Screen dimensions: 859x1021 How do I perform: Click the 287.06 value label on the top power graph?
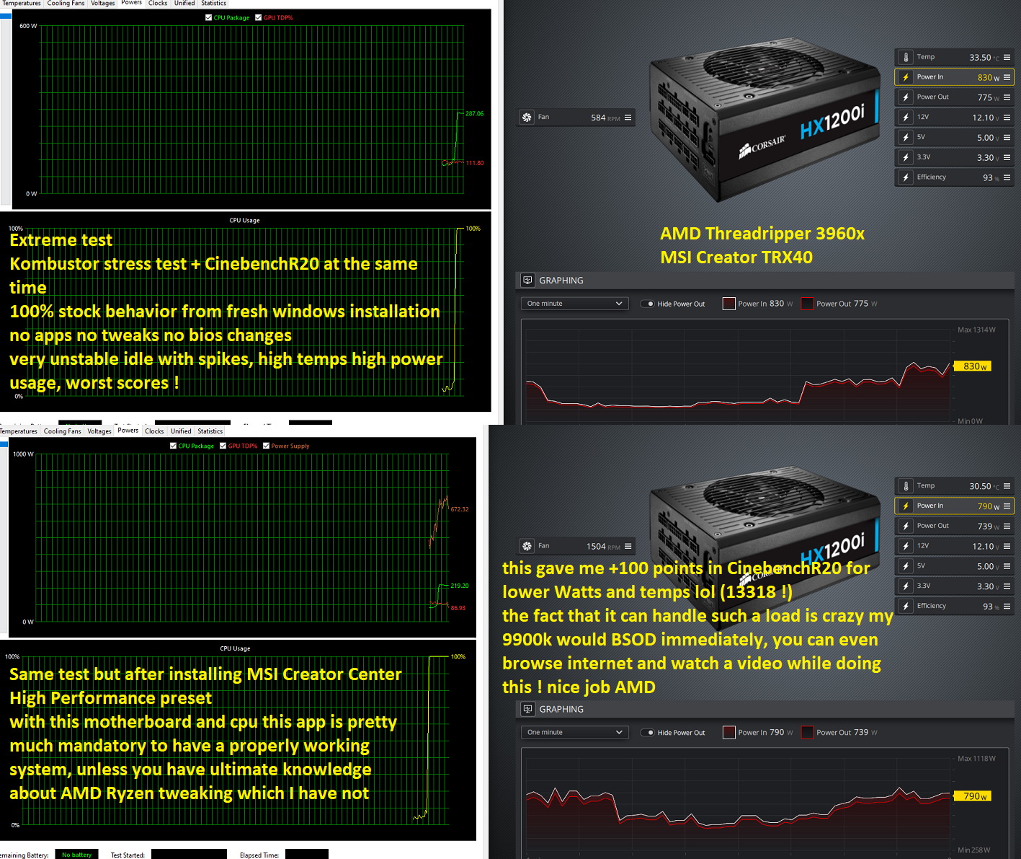point(474,114)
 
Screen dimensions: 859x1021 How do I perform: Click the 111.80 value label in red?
point(474,163)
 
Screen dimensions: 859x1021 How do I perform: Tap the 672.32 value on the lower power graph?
point(459,509)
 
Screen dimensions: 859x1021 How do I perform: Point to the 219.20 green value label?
point(459,586)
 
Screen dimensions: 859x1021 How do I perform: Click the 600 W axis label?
point(28,26)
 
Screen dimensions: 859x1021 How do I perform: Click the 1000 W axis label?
point(23,454)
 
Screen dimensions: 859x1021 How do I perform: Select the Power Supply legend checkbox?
point(267,446)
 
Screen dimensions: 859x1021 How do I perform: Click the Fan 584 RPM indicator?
point(576,117)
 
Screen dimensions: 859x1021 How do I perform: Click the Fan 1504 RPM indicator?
point(576,546)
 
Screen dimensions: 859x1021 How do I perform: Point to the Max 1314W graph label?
point(976,330)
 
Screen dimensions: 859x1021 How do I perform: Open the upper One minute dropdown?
point(574,304)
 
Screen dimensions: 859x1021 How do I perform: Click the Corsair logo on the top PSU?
point(762,146)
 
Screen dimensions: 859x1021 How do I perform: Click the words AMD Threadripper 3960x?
point(762,234)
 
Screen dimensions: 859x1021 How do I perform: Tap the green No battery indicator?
point(76,855)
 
